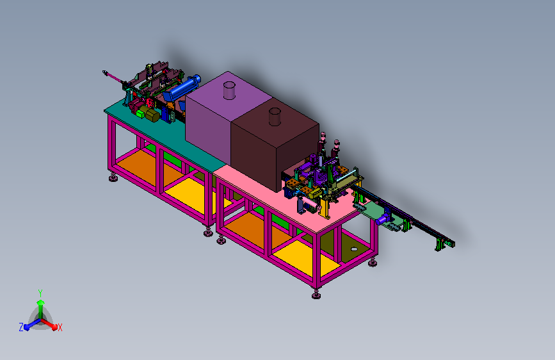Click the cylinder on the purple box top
(x=229, y=90)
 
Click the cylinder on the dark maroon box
(x=275, y=117)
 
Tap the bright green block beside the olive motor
(x=141, y=113)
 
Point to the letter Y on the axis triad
(x=40, y=293)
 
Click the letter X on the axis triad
(x=60, y=328)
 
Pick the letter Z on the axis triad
(x=21, y=327)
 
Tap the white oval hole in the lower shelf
(x=354, y=249)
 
